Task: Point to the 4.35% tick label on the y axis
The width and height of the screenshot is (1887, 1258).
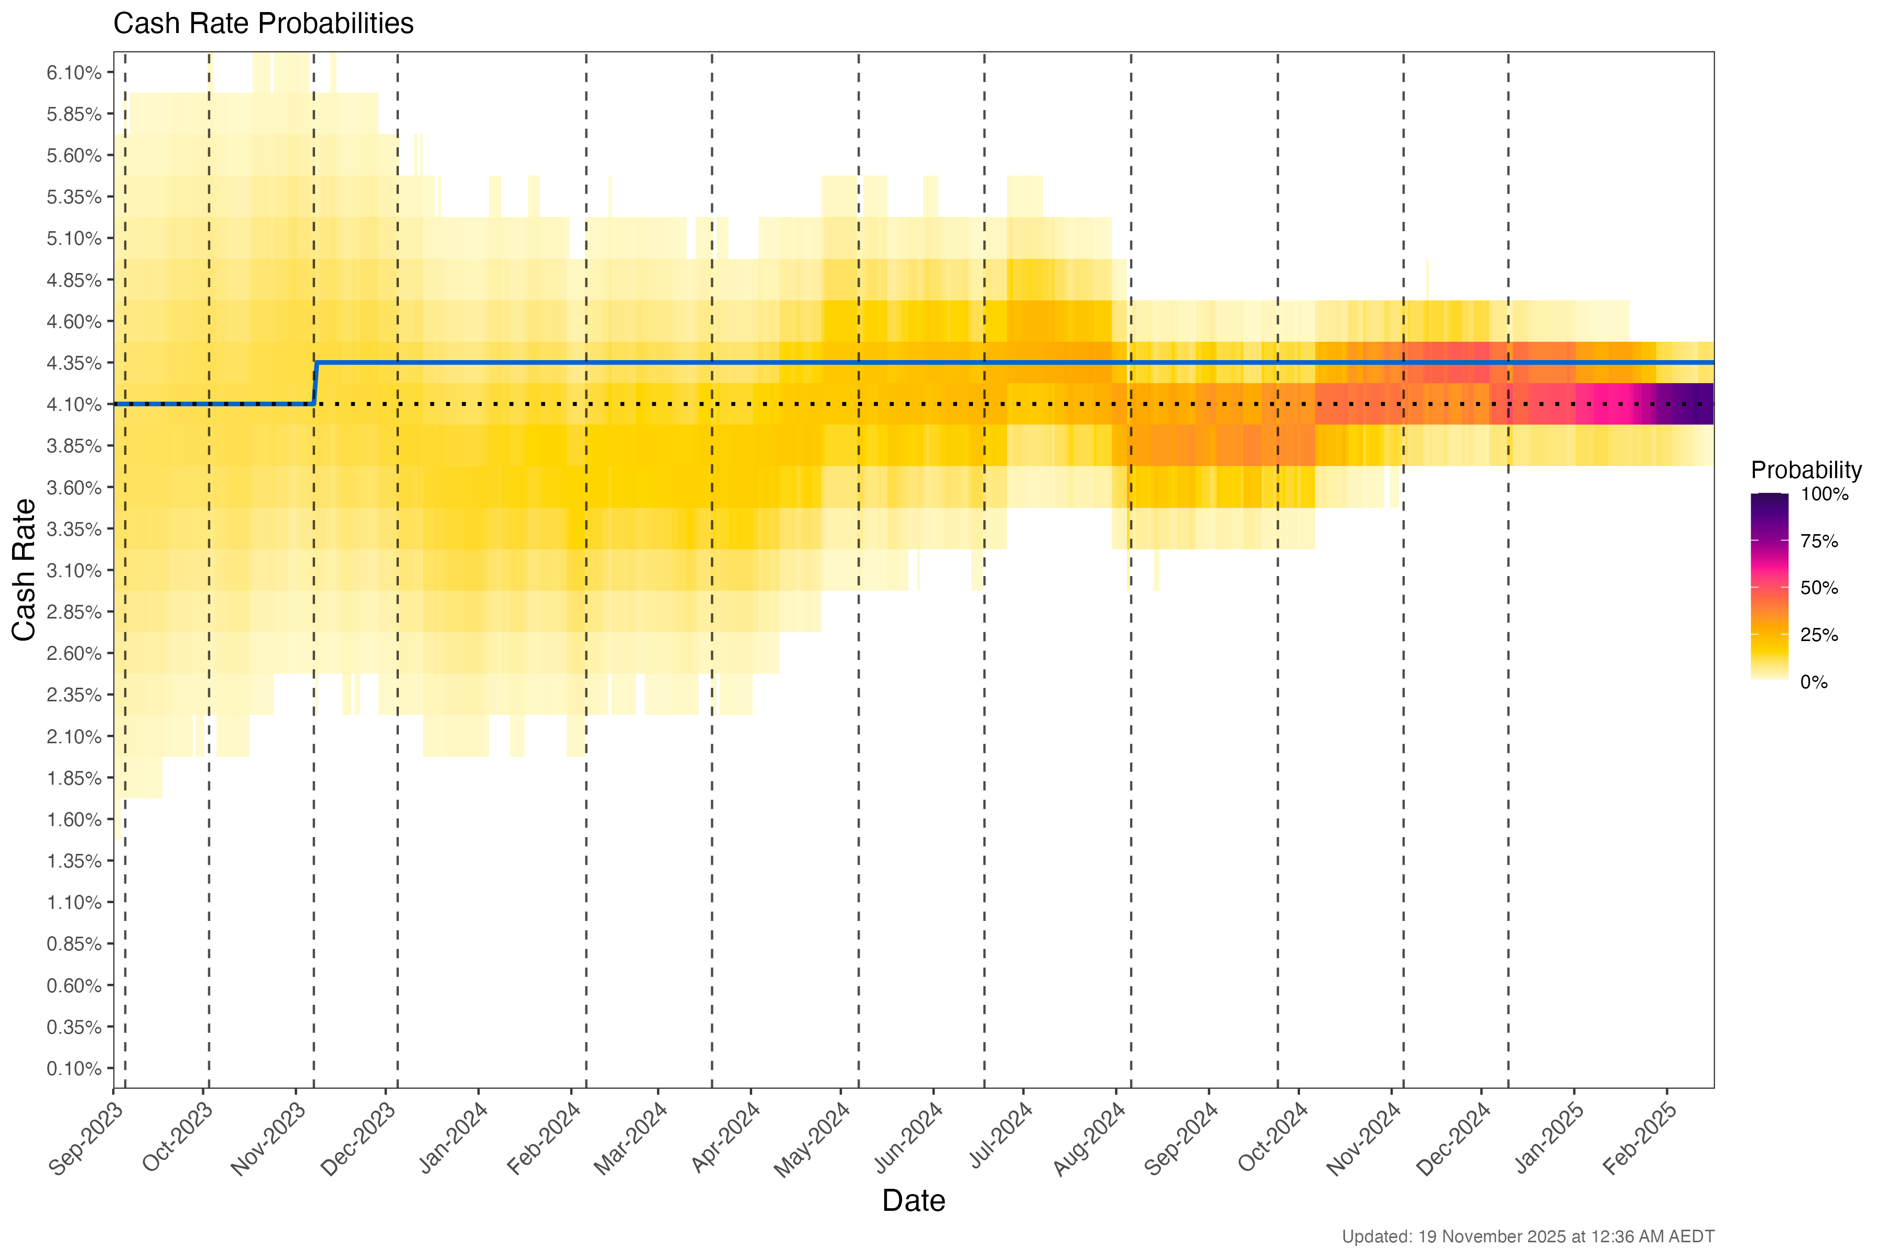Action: (74, 363)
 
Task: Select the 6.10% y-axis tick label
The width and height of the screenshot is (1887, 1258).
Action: (74, 73)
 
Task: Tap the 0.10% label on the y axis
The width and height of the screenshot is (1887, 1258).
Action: (74, 1069)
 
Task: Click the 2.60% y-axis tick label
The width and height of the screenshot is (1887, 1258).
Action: (74, 654)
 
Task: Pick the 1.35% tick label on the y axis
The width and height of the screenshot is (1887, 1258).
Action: (74, 862)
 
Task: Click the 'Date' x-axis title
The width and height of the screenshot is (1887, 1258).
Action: (913, 1201)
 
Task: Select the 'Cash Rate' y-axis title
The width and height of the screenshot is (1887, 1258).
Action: (24, 570)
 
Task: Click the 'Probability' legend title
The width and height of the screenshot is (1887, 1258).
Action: (1805, 470)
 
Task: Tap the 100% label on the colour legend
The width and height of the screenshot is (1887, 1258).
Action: (1824, 494)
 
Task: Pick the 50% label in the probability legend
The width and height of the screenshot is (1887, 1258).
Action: (1819, 588)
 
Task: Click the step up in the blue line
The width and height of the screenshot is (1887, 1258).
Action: (316, 384)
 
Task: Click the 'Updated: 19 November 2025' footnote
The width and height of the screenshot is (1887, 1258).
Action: (1527, 1237)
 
